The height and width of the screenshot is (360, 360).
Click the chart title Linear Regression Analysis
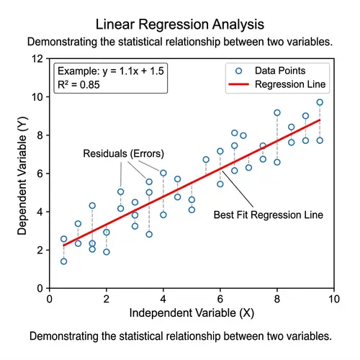coord(179,25)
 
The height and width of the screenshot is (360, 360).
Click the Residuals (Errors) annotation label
coord(123,153)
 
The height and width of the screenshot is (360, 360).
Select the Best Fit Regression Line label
coord(269,215)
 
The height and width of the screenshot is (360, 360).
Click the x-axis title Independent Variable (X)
coord(191,314)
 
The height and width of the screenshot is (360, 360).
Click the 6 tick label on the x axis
coord(220,298)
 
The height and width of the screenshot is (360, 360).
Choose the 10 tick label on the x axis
coord(333,298)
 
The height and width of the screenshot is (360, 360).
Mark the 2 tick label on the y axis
coord(40,250)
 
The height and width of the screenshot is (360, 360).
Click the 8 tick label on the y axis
coord(40,135)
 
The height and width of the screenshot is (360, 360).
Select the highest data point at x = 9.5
coord(320,102)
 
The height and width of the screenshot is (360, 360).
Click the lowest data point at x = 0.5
coord(63,261)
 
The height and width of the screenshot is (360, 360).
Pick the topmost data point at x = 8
coord(277,113)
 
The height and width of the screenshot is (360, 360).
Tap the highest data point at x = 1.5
coord(92,206)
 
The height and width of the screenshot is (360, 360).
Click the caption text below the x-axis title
coord(179,336)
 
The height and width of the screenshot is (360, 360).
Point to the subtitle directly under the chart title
coord(179,42)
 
